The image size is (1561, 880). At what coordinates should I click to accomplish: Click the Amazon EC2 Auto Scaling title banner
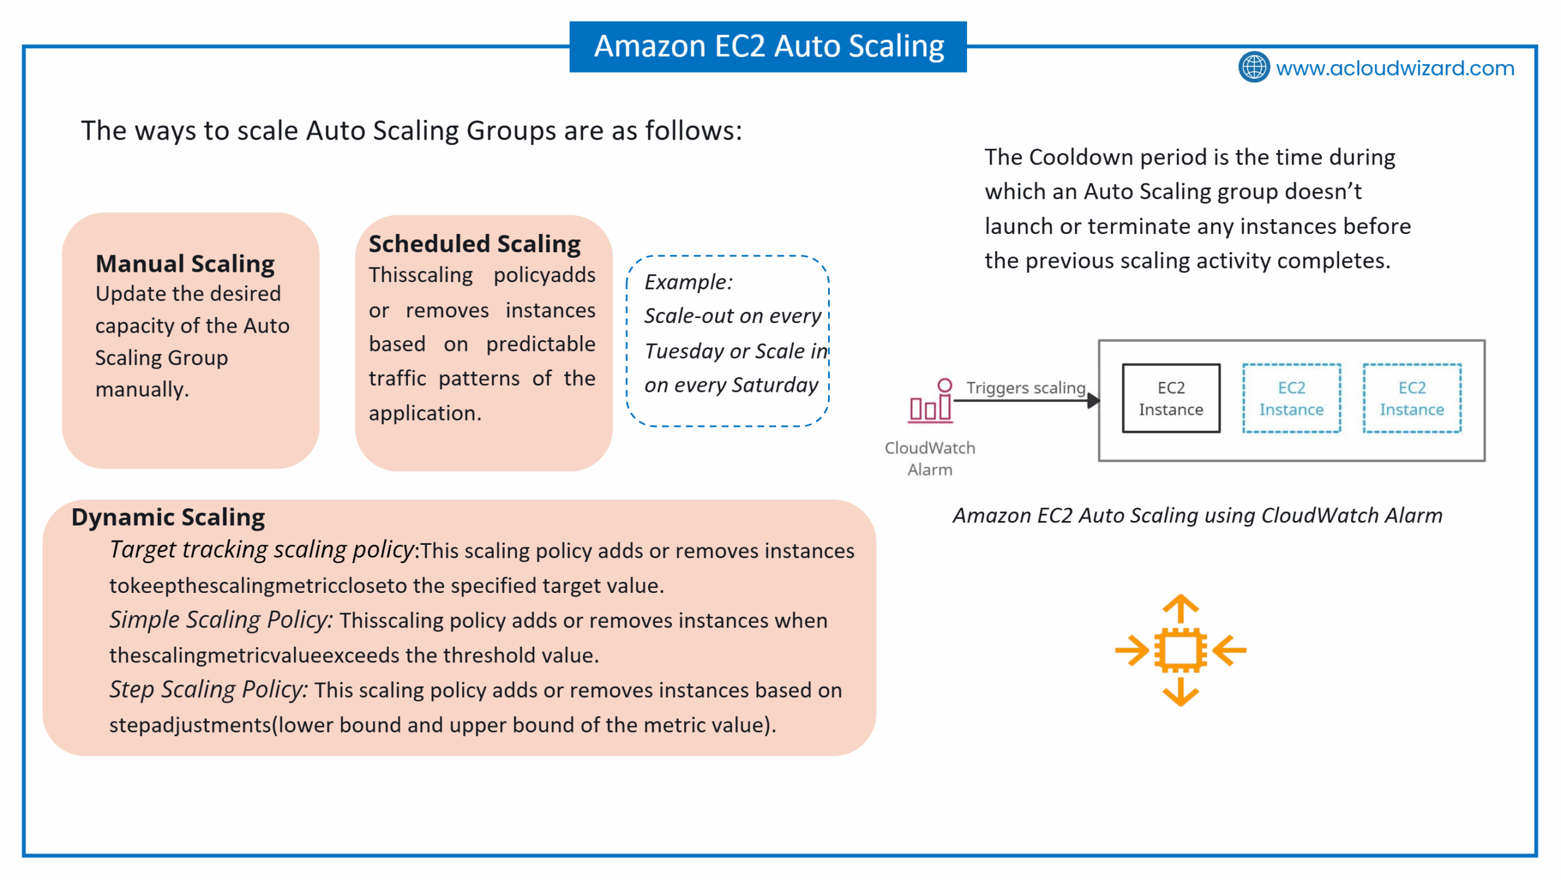(768, 46)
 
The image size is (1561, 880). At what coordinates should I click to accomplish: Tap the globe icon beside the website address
(1254, 67)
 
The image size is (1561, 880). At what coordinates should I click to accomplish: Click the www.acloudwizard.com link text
(1395, 68)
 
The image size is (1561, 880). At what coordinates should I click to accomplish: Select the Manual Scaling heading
(185, 264)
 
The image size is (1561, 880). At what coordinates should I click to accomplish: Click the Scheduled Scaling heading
(474, 244)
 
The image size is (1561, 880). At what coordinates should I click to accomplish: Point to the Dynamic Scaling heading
(168, 517)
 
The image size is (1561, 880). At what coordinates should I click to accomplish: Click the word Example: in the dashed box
(688, 282)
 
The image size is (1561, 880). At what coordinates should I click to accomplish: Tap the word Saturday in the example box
(775, 385)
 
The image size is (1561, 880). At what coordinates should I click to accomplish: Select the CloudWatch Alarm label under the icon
(930, 458)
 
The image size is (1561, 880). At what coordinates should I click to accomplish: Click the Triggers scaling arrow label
(1026, 388)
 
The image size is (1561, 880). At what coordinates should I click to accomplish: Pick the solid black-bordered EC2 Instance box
(1171, 399)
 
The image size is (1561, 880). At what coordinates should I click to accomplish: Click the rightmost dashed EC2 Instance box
(1412, 399)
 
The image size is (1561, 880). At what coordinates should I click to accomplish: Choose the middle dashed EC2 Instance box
(1291, 399)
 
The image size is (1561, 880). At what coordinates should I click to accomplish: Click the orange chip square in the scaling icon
(1181, 650)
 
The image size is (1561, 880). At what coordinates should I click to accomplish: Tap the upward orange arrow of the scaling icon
(1181, 609)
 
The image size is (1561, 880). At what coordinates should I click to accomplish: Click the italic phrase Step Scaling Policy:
(209, 689)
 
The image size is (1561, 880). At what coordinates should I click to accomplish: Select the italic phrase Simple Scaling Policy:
(221, 620)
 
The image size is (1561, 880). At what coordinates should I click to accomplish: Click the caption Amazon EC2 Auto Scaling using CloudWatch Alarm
(1198, 516)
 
